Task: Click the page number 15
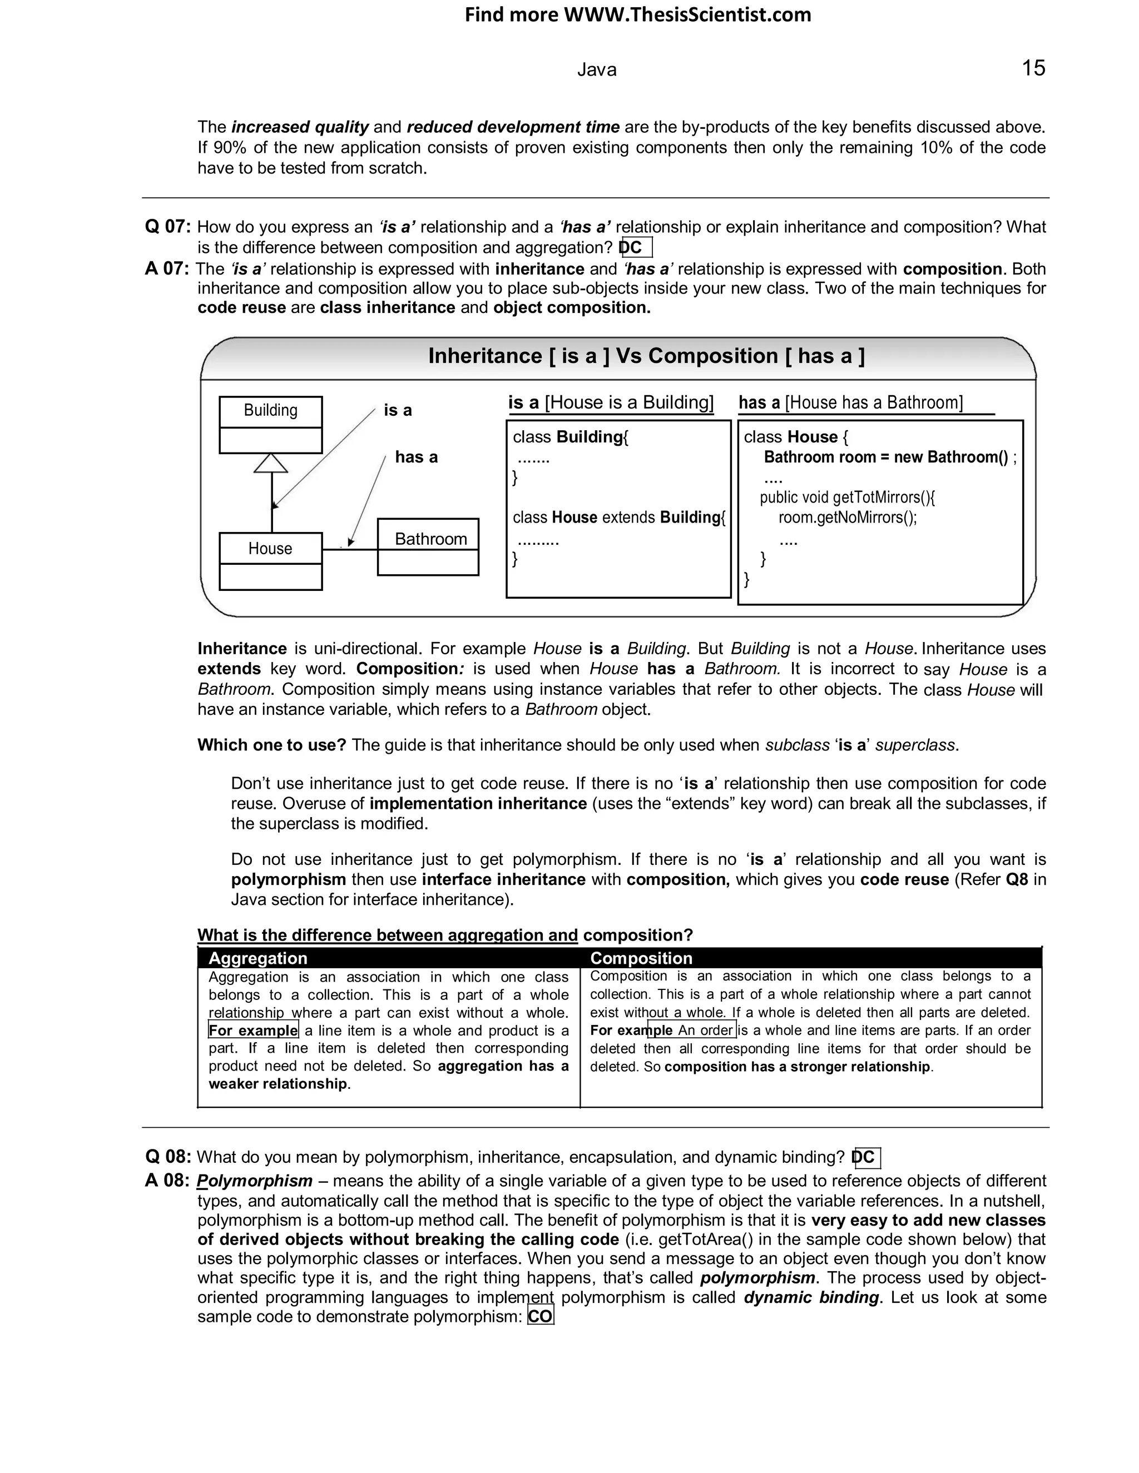(x=1033, y=68)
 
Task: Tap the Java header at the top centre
(x=597, y=70)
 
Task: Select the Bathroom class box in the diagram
(x=428, y=546)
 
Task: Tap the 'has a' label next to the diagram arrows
(x=417, y=457)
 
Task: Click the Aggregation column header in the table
(x=257, y=958)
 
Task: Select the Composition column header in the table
(x=641, y=958)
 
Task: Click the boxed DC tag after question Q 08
(x=866, y=1157)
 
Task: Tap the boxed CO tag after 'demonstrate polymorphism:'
(x=540, y=1316)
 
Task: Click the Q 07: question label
(x=168, y=227)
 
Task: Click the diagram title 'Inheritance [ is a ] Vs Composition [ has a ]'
(x=646, y=356)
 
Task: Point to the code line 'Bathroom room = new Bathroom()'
(x=886, y=457)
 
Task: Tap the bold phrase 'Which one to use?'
(x=271, y=745)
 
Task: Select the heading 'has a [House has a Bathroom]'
(x=850, y=402)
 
